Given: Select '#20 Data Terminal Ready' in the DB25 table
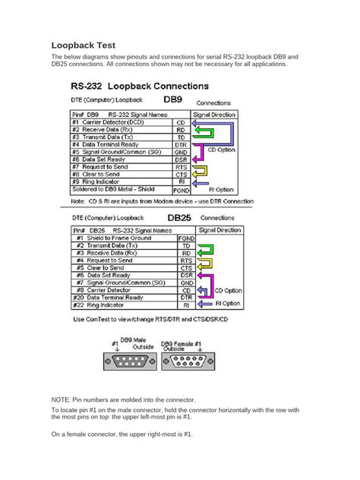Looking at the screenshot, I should (x=115, y=298).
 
